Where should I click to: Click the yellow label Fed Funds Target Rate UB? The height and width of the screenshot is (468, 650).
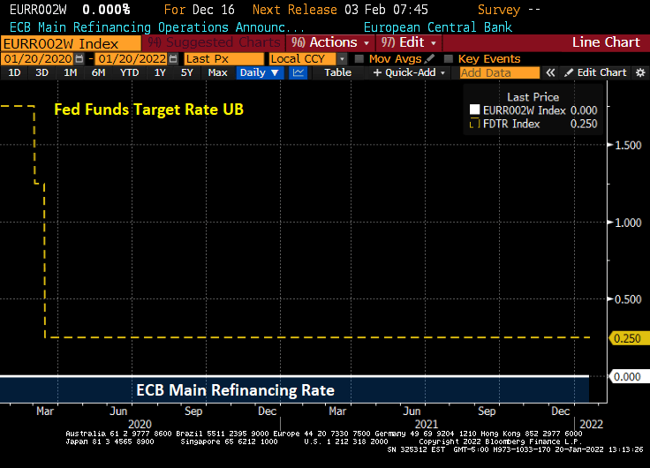(148, 109)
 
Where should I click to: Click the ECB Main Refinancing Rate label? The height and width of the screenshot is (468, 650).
(235, 389)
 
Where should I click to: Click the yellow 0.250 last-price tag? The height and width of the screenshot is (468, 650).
(626, 337)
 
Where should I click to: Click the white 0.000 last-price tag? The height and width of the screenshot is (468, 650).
(626, 377)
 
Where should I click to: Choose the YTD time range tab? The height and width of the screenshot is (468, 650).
(129, 72)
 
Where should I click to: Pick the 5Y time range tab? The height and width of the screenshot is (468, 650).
(187, 72)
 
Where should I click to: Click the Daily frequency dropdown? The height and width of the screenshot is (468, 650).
(260, 72)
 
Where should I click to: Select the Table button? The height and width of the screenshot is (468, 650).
(337, 72)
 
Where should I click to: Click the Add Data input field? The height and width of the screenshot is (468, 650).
(500, 72)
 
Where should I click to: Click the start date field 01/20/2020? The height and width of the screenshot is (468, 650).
(37, 58)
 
